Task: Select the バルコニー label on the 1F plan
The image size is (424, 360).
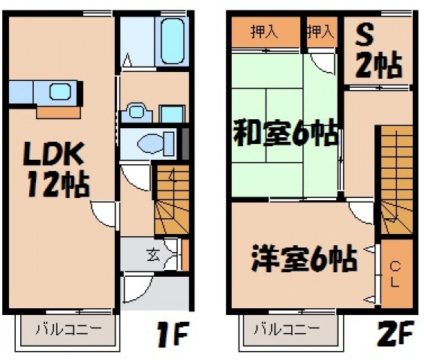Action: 67,329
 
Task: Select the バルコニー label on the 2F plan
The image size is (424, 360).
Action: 285,329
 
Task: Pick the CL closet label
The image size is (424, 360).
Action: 395,274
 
